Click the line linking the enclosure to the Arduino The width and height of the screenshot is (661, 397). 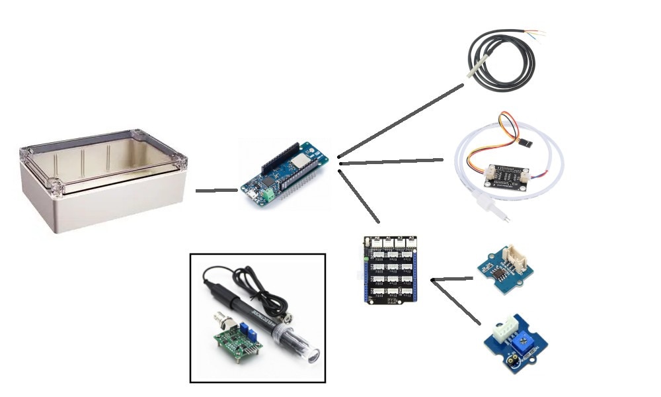(x=216, y=191)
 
